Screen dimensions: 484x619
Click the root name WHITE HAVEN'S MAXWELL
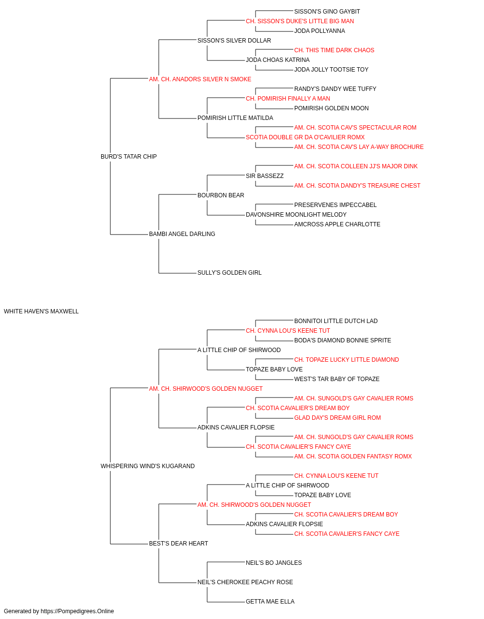pos(41,311)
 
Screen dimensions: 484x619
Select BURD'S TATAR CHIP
pos(129,157)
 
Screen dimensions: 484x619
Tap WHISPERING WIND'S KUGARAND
pos(148,466)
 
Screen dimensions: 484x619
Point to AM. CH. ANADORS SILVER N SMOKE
pos(200,79)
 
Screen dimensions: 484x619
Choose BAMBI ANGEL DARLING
pos(182,234)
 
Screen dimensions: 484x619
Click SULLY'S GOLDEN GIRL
pos(229,273)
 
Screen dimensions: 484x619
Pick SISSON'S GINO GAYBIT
pos(327,12)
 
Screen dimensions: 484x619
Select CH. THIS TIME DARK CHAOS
pos(334,50)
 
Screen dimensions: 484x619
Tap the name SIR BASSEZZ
pos(265,176)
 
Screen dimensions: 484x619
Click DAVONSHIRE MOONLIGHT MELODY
pos(296,215)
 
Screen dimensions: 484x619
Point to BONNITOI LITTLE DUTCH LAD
pos(336,321)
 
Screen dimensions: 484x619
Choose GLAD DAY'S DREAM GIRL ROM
pos(337,418)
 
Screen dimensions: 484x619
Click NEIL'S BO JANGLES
pos(273,563)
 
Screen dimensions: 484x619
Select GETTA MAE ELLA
pos(270,601)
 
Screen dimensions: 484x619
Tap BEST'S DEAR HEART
pos(179,544)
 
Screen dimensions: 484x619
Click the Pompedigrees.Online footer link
pos(77,611)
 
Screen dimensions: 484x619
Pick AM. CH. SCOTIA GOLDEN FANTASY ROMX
pos(353,457)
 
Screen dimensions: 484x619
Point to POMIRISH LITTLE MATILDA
pos(235,118)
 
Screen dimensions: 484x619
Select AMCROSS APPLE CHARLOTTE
pos(337,224)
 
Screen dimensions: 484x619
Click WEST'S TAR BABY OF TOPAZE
pos(337,379)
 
